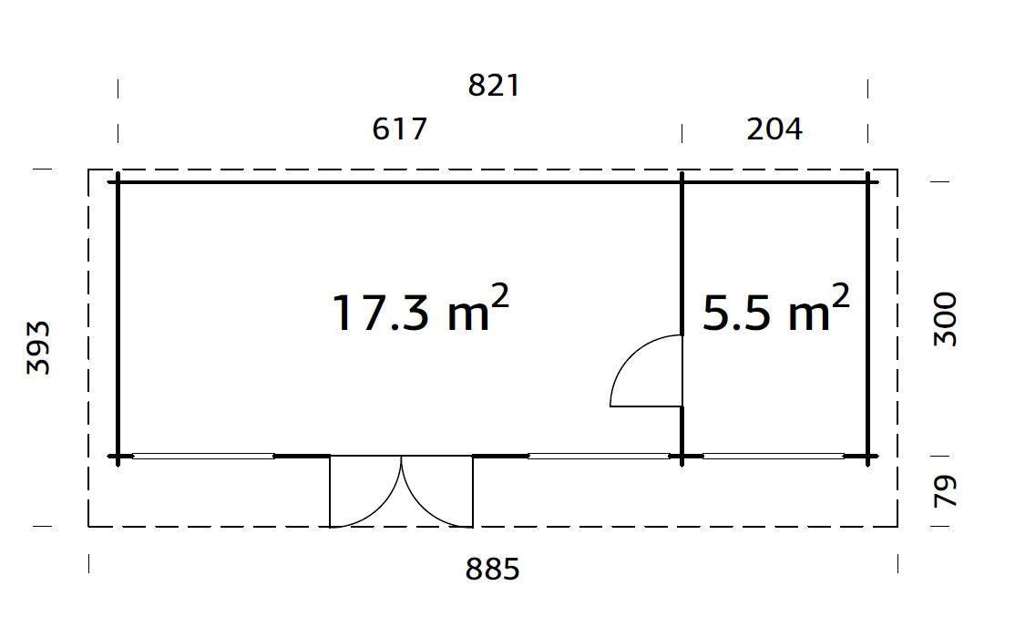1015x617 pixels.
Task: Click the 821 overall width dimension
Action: point(493,86)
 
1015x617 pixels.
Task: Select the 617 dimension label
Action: point(399,129)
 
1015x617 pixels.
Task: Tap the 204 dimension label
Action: point(774,129)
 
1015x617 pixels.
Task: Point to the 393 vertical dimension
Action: point(38,347)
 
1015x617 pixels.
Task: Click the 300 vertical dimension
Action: point(947,318)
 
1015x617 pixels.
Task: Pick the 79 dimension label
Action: point(947,491)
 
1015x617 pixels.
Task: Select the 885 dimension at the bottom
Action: point(493,570)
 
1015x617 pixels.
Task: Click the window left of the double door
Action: point(203,456)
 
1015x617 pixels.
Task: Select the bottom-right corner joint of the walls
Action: point(867,456)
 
